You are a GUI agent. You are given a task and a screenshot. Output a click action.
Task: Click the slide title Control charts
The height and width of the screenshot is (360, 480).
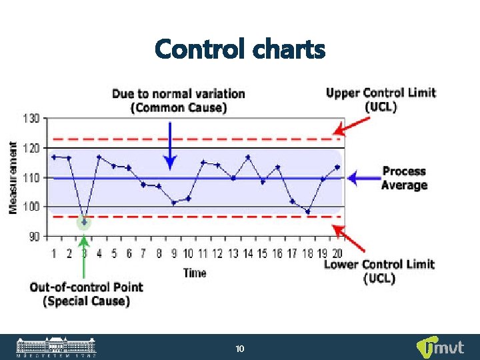pos(240,49)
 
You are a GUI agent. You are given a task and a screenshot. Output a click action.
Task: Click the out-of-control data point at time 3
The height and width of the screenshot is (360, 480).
pos(83,221)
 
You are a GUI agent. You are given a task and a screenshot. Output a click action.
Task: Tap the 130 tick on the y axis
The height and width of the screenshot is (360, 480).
pos(32,118)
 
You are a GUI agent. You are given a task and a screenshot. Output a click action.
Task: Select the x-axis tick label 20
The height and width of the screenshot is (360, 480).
pos(337,253)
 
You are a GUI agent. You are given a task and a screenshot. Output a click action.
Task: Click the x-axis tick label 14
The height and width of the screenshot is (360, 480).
pos(248,253)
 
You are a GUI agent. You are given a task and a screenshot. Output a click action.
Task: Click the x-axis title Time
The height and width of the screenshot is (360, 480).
pos(194,272)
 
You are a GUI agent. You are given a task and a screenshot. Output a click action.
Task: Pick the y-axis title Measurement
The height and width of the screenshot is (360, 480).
pos(13,177)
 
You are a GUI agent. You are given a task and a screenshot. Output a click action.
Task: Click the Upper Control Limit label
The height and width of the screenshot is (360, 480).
pos(381,99)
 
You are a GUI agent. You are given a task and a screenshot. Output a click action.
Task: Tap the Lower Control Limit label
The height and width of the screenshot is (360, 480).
pos(379,271)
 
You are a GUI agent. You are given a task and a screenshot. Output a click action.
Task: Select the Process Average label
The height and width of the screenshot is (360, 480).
pos(404,178)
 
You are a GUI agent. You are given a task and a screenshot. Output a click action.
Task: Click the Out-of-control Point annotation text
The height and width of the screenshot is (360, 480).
pos(86,294)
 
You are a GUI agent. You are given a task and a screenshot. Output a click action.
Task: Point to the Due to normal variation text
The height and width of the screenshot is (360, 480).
pos(178,100)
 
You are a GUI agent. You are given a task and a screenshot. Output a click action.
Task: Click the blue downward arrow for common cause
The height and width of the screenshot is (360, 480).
pos(171,143)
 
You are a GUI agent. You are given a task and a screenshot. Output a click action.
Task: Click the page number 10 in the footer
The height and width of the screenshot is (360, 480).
pos(240,349)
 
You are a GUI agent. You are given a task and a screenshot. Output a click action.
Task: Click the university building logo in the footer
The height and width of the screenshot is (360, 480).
pos(57,347)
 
